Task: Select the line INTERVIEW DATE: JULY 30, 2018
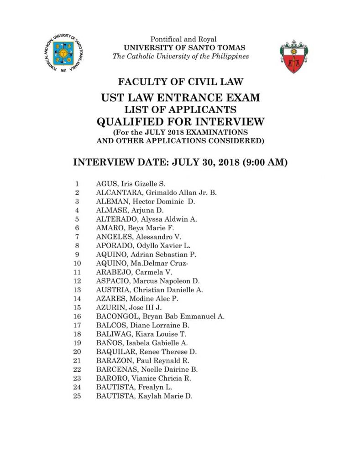tap(180, 163)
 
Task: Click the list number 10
tap(77, 263)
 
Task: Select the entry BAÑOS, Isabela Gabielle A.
tap(142, 342)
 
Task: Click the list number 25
tap(77, 396)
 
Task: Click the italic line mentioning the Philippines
tap(181, 57)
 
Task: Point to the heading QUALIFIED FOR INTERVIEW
tap(181, 121)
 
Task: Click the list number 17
tap(77, 325)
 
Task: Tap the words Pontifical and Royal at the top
tap(182, 40)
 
